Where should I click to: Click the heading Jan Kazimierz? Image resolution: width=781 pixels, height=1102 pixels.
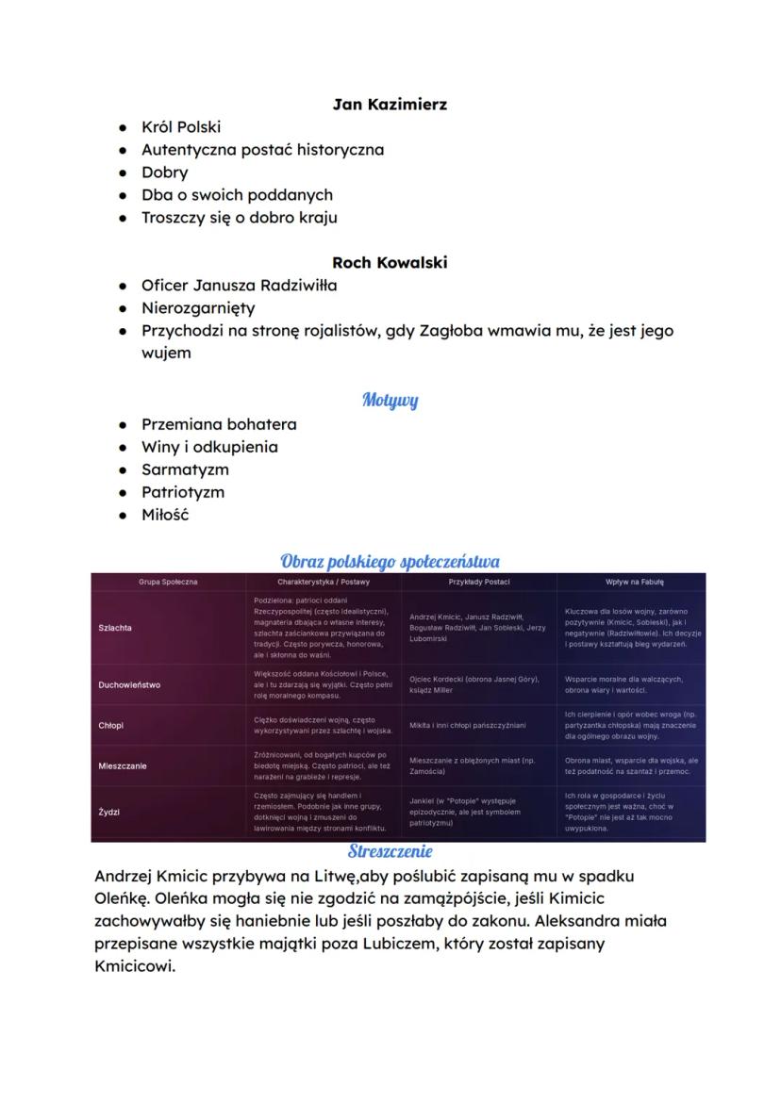click(x=390, y=105)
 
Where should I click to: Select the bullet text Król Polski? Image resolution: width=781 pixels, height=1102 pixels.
click(x=181, y=127)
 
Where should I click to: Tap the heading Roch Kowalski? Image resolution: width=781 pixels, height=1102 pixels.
click(x=390, y=263)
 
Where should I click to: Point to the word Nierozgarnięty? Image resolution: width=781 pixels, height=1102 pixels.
click(x=198, y=308)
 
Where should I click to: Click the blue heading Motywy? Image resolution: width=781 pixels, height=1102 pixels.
click(x=390, y=400)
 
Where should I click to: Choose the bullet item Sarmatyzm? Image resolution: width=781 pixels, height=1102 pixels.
click(x=185, y=469)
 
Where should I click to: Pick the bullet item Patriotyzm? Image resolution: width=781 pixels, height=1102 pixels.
click(x=183, y=492)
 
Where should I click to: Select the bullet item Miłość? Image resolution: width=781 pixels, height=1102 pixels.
click(x=165, y=515)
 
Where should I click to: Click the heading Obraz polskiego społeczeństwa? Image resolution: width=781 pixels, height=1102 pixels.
click(x=390, y=563)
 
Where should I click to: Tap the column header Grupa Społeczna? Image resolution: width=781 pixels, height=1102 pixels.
click(x=168, y=583)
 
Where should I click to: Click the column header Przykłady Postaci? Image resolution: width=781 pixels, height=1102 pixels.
click(x=479, y=583)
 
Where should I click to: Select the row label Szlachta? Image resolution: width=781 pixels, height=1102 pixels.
click(x=115, y=628)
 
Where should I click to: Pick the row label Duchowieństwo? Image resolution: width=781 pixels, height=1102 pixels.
click(x=129, y=685)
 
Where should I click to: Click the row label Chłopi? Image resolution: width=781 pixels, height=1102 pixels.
click(x=110, y=726)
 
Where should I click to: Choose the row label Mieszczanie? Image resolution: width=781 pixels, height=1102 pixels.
click(x=123, y=766)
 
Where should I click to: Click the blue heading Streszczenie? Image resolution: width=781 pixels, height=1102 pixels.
click(x=390, y=851)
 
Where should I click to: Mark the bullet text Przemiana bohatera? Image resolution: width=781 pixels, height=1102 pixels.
click(x=219, y=424)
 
